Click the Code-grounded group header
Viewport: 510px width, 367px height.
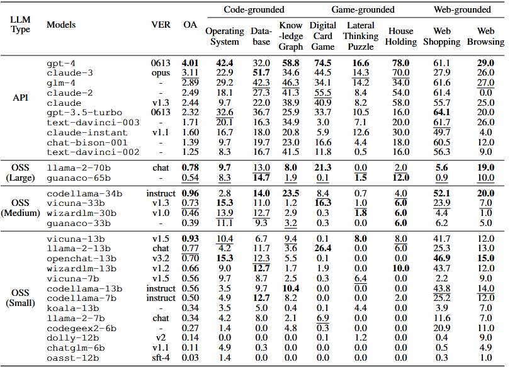point(254,9)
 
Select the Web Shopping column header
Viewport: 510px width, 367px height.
point(442,36)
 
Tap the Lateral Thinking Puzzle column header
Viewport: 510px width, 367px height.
point(361,36)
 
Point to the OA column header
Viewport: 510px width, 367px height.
point(190,25)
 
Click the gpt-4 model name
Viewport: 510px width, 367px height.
point(61,63)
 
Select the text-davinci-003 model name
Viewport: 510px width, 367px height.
point(93,123)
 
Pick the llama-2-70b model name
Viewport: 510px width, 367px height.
point(78,168)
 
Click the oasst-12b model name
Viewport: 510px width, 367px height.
point(72,358)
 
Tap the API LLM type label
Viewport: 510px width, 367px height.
point(20,98)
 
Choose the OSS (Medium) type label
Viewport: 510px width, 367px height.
point(20,208)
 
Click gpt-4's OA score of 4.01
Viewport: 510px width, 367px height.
point(190,63)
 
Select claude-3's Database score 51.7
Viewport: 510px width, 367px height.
point(261,72)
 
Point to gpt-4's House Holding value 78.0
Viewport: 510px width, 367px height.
point(400,63)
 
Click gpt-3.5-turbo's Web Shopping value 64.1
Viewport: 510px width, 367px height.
point(442,112)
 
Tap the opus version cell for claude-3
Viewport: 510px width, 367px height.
point(161,73)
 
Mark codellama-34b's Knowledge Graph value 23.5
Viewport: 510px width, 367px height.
point(290,193)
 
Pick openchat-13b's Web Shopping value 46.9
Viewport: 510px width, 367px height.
point(442,259)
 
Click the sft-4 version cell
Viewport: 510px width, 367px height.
point(161,358)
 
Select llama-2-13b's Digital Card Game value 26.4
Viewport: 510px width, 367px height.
point(322,249)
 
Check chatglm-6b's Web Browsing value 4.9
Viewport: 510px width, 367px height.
point(485,348)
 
